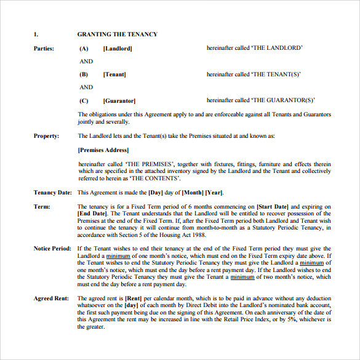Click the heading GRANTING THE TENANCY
tap(117, 34)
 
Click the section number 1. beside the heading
tap(36, 34)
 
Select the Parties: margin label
tap(44, 48)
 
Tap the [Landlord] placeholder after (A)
tap(118, 48)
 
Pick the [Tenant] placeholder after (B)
tap(114, 74)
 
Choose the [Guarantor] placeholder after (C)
tap(119, 100)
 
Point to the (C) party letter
tap(84, 100)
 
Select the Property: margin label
tap(46, 136)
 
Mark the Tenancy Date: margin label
tap(53, 193)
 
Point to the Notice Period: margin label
tap(54, 248)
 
